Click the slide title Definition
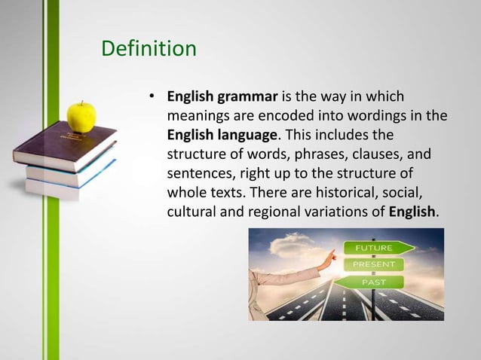pos(149,50)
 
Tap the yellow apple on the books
pos(81,116)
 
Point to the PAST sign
pos(373,282)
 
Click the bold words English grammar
pos(222,97)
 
